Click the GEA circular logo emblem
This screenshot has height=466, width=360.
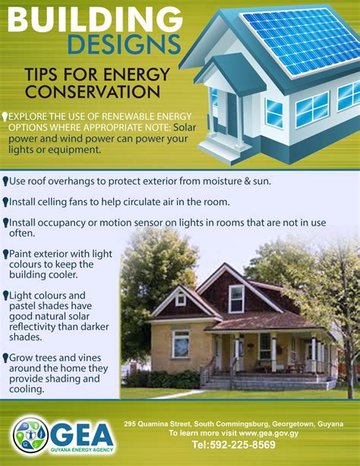(30, 435)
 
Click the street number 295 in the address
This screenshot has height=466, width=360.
(132, 423)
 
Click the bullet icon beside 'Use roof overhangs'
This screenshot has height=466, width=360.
(5, 182)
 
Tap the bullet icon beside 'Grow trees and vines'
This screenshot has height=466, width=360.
(5, 357)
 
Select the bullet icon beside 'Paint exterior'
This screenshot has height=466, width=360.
(5, 253)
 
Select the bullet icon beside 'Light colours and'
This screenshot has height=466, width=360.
(5, 295)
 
